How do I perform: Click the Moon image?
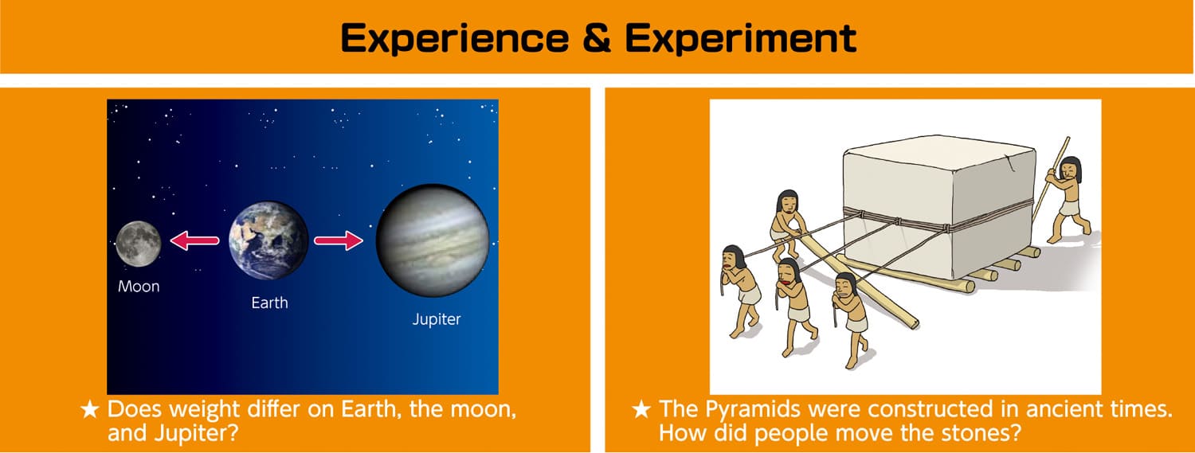pyautogui.click(x=138, y=244)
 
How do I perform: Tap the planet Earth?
pyautogui.click(x=268, y=240)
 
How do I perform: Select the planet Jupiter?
pyautogui.click(x=432, y=240)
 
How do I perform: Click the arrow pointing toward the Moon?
pyautogui.click(x=194, y=240)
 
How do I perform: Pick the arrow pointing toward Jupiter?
pyautogui.click(x=339, y=240)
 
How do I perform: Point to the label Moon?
pyautogui.click(x=139, y=287)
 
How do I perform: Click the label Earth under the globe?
pyautogui.click(x=269, y=303)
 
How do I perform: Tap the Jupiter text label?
pyautogui.click(x=437, y=319)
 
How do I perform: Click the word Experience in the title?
pyautogui.click(x=455, y=38)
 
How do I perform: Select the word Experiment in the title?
pyautogui.click(x=740, y=38)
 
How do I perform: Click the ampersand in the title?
pyautogui.click(x=597, y=38)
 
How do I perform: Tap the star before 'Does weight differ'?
pyautogui.click(x=89, y=410)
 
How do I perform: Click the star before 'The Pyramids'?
pyautogui.click(x=641, y=410)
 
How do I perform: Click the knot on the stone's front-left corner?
pyautogui.click(x=859, y=214)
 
